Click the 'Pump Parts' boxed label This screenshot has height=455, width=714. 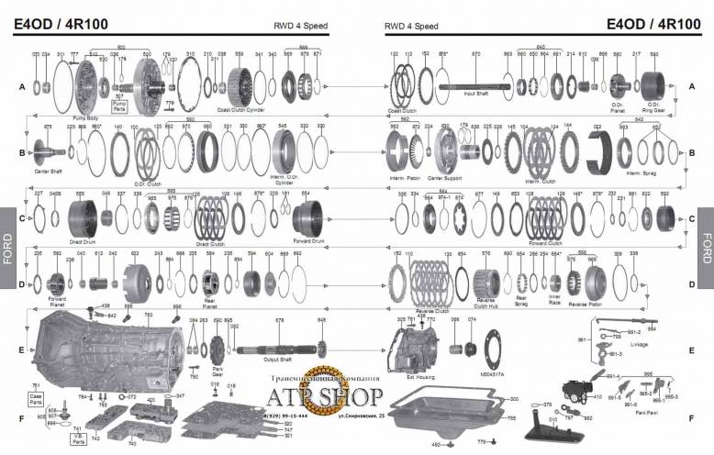click(x=119, y=106)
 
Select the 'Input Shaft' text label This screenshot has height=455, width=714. click(x=475, y=94)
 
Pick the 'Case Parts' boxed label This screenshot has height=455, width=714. click(x=37, y=400)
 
